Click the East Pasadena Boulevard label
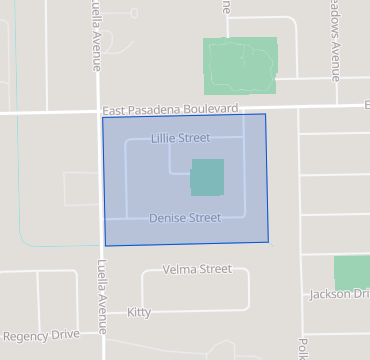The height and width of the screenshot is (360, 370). pyautogui.click(x=169, y=108)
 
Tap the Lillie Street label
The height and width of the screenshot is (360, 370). pyautogui.click(x=181, y=138)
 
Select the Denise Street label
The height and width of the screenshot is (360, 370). pyautogui.click(x=184, y=217)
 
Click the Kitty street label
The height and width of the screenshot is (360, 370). pyautogui.click(x=139, y=313)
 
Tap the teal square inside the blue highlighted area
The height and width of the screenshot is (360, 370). pyautogui.click(x=207, y=177)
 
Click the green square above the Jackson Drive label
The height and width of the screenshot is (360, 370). pyautogui.click(x=351, y=272)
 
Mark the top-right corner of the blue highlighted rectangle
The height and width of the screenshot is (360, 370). pyautogui.click(x=265, y=114)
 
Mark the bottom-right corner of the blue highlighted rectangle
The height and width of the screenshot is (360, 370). pyautogui.click(x=269, y=241)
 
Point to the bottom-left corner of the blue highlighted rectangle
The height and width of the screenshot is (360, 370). pyautogui.click(x=105, y=246)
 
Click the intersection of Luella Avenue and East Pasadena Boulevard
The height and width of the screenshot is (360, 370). pyautogui.click(x=101, y=112)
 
